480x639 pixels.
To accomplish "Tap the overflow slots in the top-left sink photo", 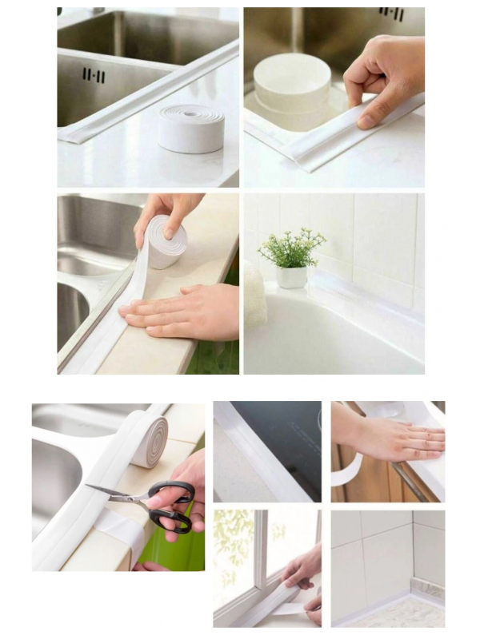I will pos(94,75).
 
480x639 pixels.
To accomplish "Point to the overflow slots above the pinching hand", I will pos(391,14).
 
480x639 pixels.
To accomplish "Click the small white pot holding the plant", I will pos(292,276).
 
